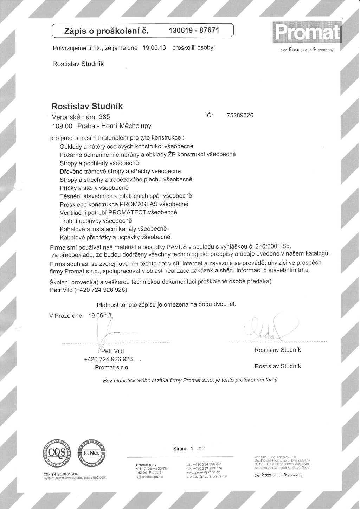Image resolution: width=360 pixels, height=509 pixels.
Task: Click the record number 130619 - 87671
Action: [194, 31]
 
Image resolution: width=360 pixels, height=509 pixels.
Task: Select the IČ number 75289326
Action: [240, 115]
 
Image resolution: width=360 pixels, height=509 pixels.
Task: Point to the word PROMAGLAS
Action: [139, 204]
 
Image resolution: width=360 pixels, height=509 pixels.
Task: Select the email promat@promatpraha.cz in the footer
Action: [206, 477]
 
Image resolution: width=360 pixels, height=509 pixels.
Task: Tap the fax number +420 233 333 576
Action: [204, 468]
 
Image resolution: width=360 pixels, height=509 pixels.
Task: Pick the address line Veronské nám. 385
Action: [81, 117]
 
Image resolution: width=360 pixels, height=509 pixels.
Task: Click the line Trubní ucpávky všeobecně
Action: [96, 221]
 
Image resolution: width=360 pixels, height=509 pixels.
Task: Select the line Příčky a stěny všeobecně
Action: [94, 188]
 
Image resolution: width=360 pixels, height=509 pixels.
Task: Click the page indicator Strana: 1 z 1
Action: [189, 449]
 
